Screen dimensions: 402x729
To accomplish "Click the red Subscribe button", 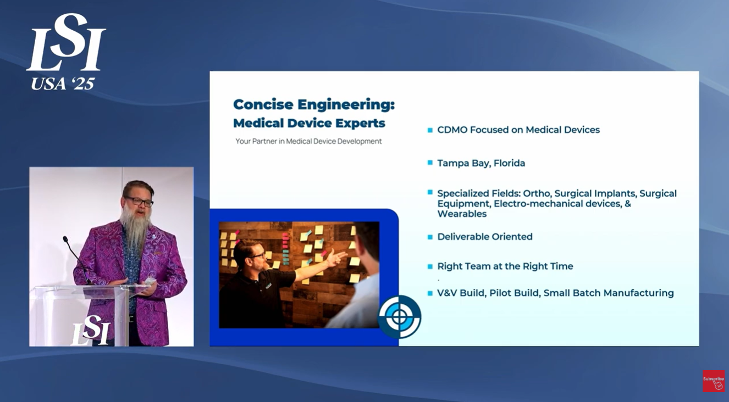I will click(713, 381).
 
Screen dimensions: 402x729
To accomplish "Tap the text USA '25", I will click(63, 83).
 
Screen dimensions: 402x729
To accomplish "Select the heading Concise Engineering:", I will click(313, 104).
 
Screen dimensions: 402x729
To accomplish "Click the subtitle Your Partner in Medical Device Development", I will click(308, 141).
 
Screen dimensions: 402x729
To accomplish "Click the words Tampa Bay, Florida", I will click(481, 163).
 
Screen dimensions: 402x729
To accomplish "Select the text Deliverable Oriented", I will click(484, 237).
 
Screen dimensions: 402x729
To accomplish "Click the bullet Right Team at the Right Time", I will click(505, 266).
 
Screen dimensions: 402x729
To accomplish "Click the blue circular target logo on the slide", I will click(400, 317).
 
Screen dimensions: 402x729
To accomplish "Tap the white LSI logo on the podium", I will click(91, 331).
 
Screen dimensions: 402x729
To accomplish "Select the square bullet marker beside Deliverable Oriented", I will click(430, 237).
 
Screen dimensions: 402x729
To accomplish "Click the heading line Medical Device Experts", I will click(309, 122).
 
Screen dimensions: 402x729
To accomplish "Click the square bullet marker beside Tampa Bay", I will click(430, 163).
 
